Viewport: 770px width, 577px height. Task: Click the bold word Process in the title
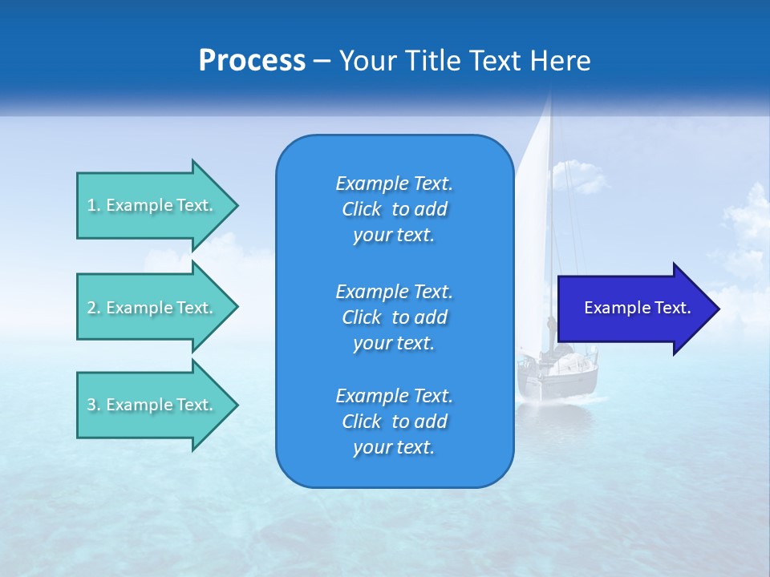point(252,61)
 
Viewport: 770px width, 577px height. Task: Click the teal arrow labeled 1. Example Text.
point(152,205)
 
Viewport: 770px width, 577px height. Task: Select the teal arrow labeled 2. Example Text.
point(152,308)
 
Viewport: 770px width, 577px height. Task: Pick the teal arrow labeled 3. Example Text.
point(152,405)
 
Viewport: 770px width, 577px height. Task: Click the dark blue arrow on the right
point(634,309)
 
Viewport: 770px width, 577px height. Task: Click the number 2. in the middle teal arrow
point(93,308)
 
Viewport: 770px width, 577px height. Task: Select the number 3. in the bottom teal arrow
point(93,405)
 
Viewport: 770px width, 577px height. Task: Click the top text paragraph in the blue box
point(394,209)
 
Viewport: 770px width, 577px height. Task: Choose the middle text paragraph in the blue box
point(394,317)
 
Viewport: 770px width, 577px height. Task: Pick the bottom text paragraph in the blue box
point(394,422)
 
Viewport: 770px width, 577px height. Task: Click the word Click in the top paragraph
point(362,209)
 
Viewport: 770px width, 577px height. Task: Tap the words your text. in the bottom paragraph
point(394,447)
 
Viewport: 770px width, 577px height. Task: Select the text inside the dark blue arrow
point(637,308)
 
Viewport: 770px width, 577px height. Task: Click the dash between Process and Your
point(322,61)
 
